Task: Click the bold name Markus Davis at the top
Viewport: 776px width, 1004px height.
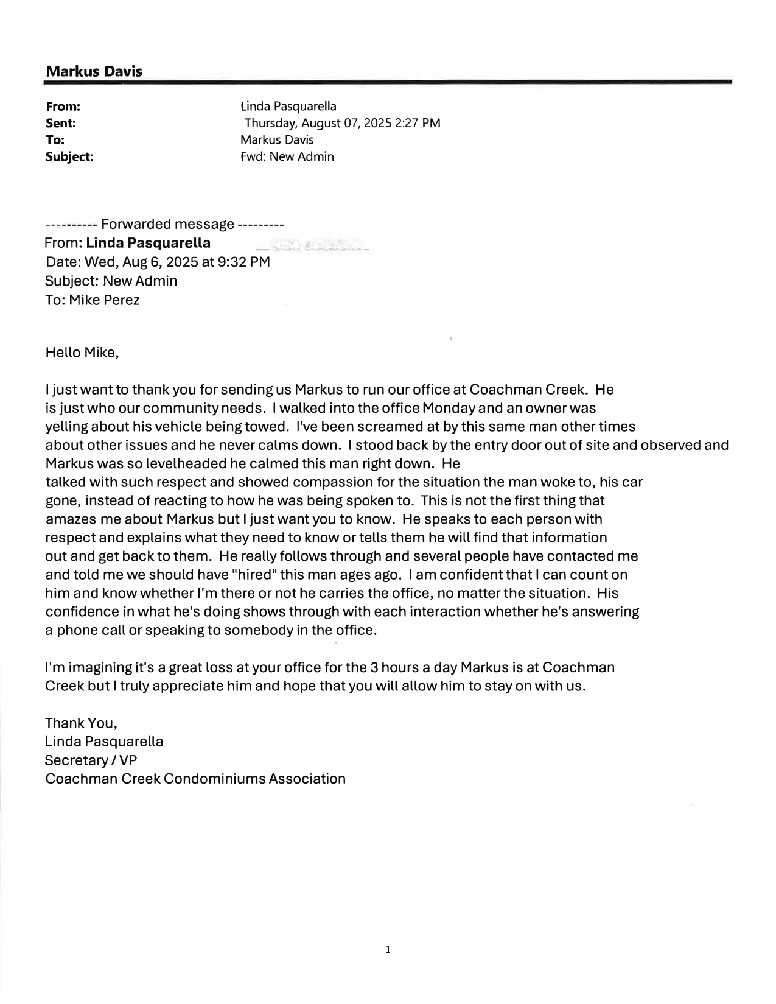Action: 94,71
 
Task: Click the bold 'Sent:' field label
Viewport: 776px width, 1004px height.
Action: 61,123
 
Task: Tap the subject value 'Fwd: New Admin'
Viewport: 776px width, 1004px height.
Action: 287,156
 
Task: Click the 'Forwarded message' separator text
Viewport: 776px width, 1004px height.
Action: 167,224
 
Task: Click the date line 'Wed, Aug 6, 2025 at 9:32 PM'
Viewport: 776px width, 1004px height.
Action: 177,262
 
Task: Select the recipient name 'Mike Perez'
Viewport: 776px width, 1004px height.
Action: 104,300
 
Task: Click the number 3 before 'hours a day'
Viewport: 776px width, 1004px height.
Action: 376,667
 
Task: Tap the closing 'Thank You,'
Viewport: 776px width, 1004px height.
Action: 81,723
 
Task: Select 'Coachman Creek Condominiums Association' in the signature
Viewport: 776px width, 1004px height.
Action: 195,778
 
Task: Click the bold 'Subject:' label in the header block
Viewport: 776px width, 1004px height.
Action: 70,156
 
